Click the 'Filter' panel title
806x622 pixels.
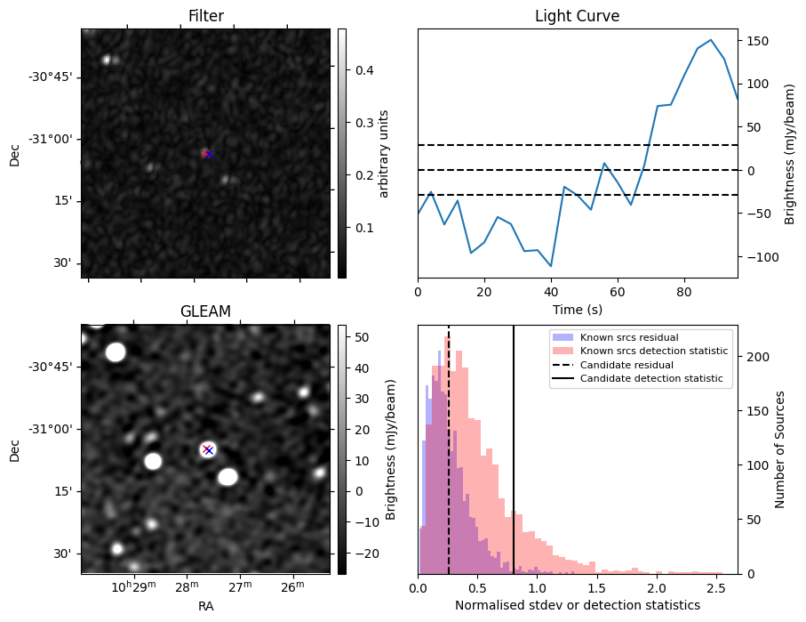205,16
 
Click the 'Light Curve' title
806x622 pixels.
577,16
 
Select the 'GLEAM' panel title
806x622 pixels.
205,311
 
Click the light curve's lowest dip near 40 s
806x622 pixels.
551,266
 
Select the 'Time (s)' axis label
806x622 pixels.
577,310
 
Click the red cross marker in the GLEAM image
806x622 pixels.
207,449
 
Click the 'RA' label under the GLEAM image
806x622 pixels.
205,606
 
